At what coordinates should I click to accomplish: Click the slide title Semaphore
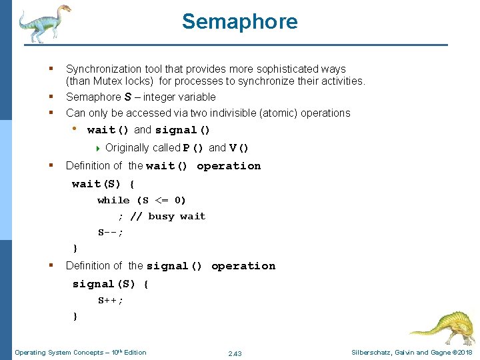(239, 21)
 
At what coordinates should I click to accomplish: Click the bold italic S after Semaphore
(127, 97)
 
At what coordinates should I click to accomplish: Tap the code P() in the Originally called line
(195, 148)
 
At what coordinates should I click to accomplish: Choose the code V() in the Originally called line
(239, 148)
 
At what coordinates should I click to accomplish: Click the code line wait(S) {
(103, 183)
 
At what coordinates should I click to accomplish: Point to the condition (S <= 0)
(161, 200)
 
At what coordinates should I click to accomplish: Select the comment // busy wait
(168, 216)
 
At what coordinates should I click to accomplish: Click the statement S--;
(111, 233)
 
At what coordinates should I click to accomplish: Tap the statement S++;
(111, 300)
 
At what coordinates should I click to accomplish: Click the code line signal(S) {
(111, 283)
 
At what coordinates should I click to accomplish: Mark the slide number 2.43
(235, 353)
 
